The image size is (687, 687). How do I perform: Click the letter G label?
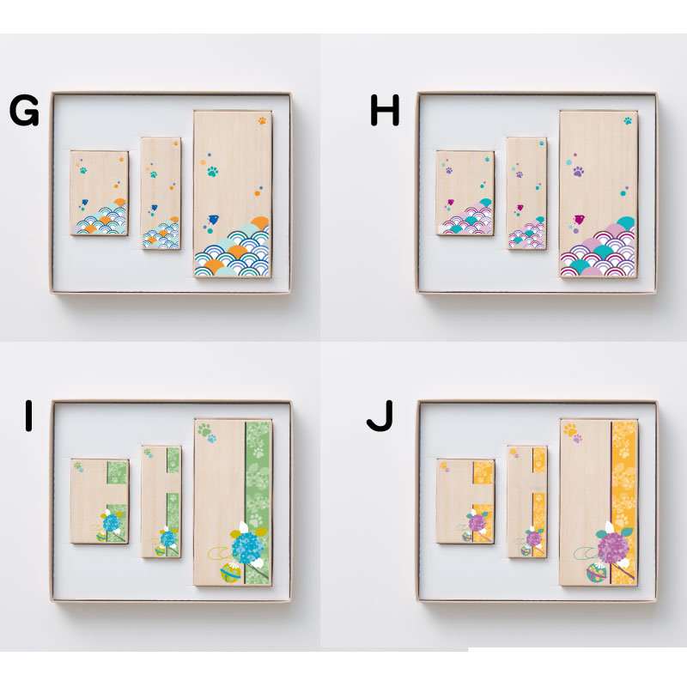click(24, 111)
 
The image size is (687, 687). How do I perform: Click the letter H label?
click(385, 111)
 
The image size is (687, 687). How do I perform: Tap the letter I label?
click(29, 416)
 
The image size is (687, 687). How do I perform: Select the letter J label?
click(380, 416)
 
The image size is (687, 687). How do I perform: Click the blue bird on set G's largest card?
click(213, 219)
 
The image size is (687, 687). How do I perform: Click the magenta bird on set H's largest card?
click(579, 219)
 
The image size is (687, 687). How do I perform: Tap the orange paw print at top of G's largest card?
click(262, 120)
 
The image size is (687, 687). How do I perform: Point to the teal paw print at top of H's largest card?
click(628, 120)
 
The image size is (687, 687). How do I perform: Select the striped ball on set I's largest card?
click(230, 573)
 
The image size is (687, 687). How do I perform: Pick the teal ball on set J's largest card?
click(597, 573)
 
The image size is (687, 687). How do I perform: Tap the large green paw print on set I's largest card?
click(204, 429)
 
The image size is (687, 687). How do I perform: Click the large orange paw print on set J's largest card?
click(570, 429)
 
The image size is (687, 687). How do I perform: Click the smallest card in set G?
click(100, 193)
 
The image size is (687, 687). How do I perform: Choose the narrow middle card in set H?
click(526, 194)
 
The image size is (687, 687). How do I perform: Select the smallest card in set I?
click(100, 502)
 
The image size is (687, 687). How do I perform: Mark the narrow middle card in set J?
click(526, 502)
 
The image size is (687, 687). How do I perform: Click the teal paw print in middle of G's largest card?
click(212, 171)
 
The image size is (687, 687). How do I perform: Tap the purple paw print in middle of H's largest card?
click(578, 171)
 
